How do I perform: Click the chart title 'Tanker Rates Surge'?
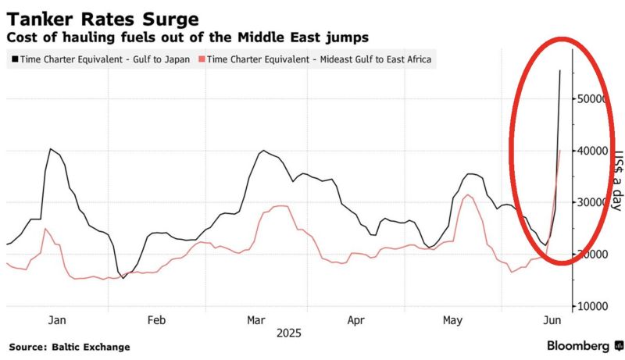click(x=102, y=18)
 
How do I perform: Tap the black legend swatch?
click(x=13, y=59)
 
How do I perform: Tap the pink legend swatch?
click(x=202, y=59)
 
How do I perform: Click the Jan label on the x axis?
click(x=57, y=319)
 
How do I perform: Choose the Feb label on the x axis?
click(x=156, y=319)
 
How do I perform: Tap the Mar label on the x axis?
click(x=256, y=319)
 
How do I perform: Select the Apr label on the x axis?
click(x=355, y=319)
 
